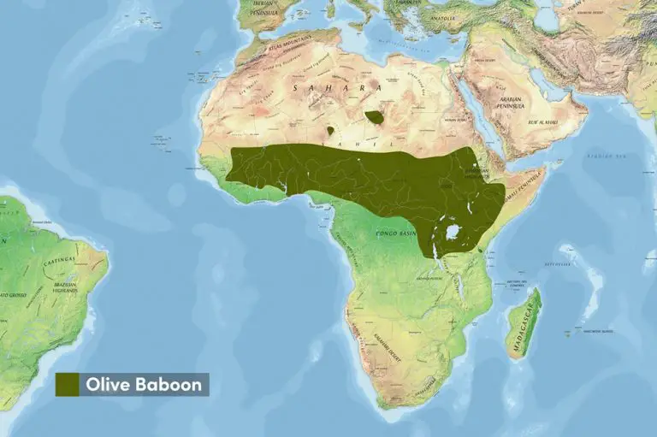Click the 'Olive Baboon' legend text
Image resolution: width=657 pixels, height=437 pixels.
click(144, 385)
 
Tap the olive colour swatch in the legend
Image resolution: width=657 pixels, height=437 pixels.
click(68, 385)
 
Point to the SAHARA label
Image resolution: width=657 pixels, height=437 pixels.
click(336, 88)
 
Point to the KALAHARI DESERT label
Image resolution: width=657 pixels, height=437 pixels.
click(382, 342)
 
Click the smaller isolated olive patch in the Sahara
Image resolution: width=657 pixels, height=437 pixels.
click(330, 131)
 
